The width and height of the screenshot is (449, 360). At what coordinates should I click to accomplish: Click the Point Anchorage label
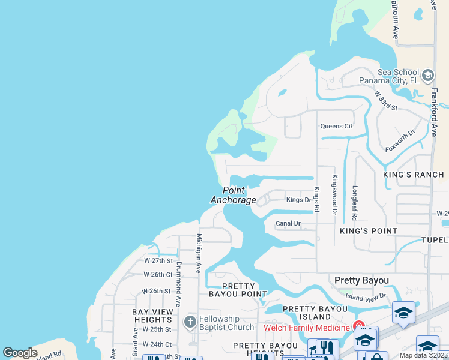(x=234, y=195)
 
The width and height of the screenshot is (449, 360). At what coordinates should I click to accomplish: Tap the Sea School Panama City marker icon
(x=428, y=76)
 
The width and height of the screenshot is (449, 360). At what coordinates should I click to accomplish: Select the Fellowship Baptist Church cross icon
(x=190, y=323)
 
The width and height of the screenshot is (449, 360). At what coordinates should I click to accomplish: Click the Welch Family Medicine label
(x=306, y=328)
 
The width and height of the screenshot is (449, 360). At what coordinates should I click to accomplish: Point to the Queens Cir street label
(x=336, y=126)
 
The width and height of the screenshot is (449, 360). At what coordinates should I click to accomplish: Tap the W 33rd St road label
(x=386, y=100)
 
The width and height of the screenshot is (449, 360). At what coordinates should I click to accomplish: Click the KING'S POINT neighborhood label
(x=369, y=231)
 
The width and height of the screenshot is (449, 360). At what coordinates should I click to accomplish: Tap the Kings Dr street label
(x=299, y=200)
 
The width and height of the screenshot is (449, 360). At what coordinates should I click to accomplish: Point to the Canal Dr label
(x=288, y=224)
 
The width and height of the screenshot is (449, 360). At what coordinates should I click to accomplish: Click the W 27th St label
(x=158, y=261)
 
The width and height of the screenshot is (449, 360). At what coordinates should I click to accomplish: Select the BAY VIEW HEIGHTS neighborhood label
(x=153, y=316)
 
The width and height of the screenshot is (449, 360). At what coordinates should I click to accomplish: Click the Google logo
(x=20, y=353)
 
